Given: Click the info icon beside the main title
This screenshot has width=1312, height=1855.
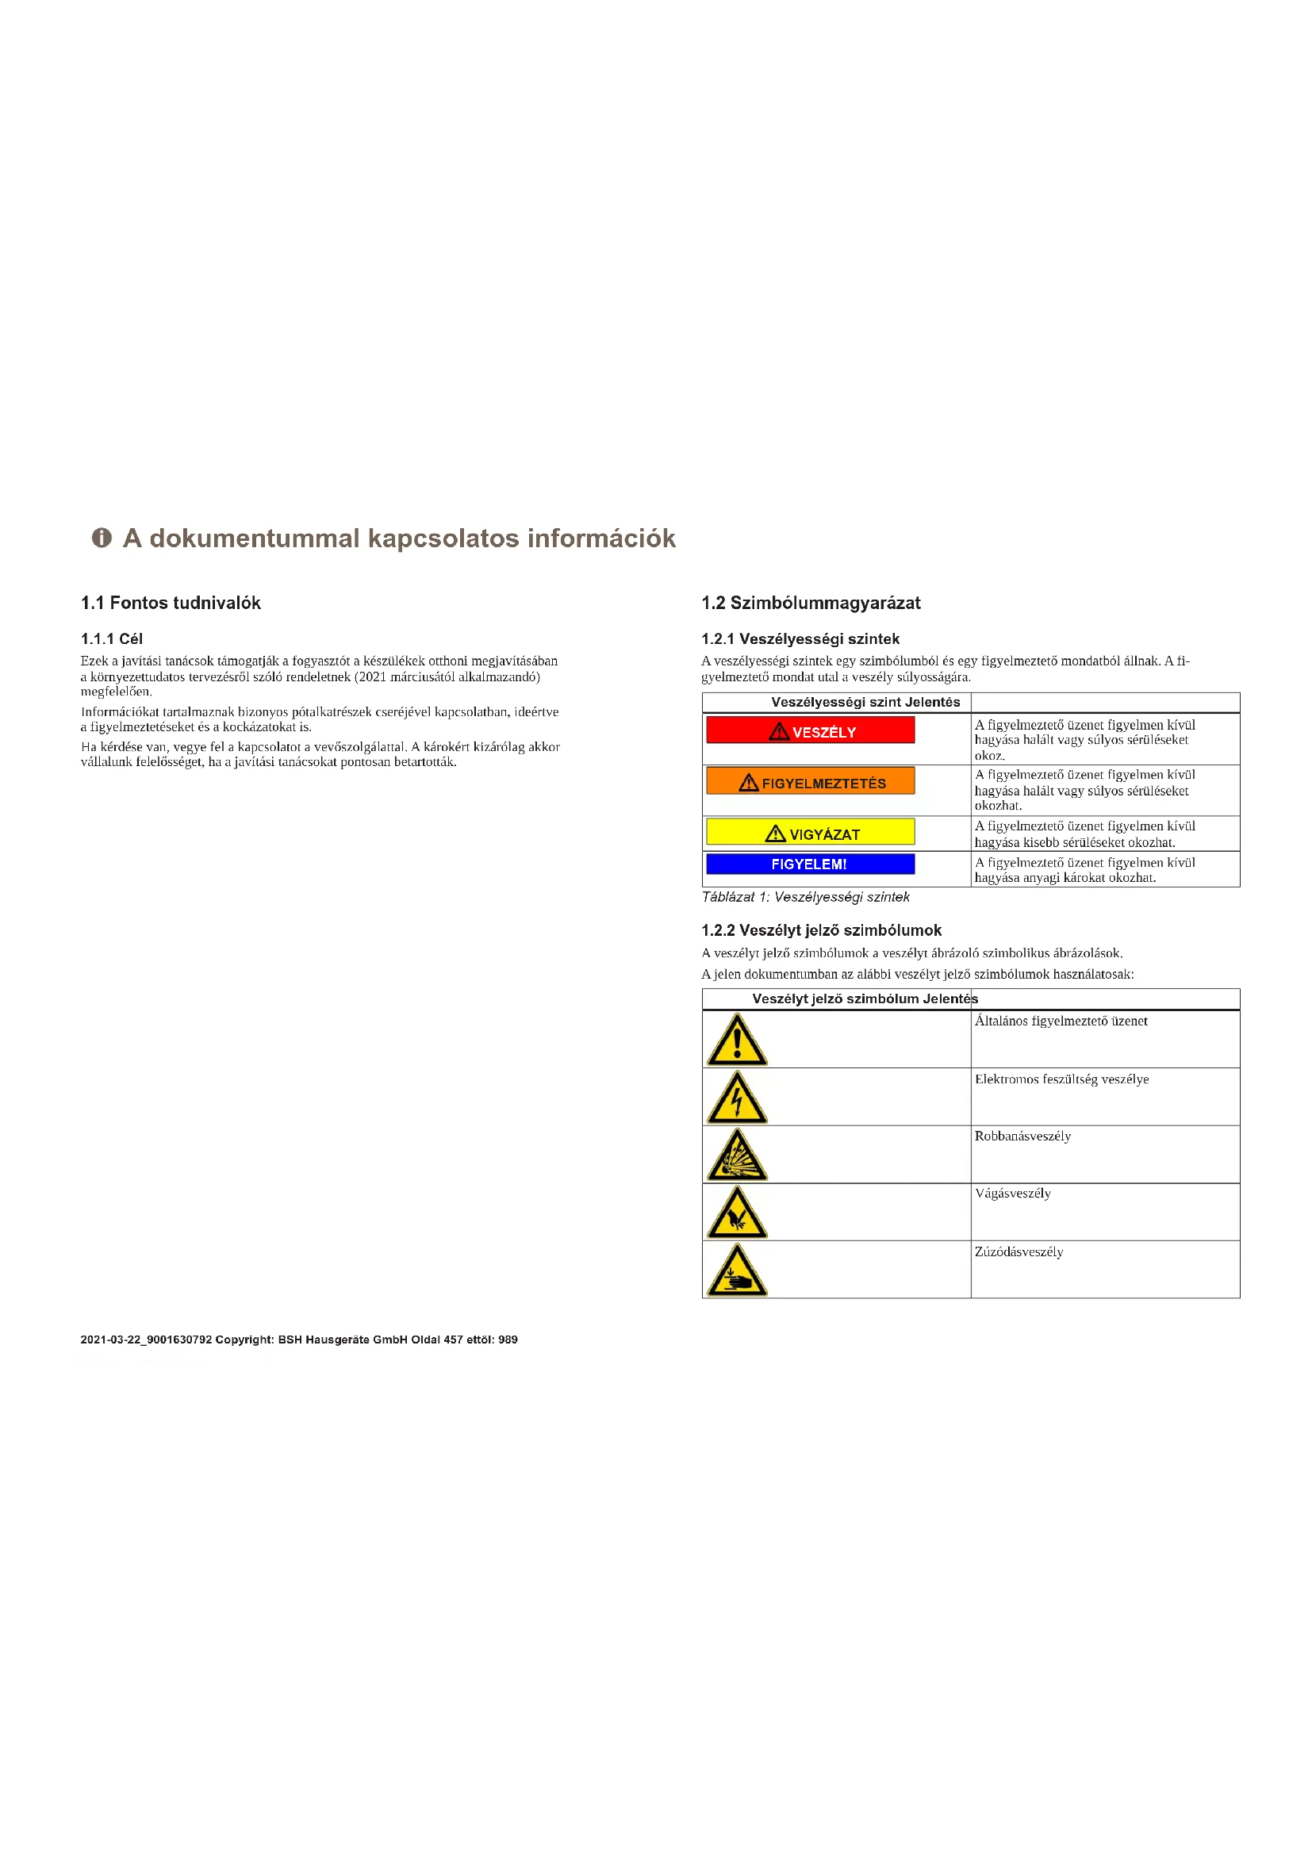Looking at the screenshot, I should coord(101,537).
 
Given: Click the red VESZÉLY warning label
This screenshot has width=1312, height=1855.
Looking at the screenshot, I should coord(811,730).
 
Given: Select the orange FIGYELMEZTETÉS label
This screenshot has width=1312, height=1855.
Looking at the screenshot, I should coord(811,781).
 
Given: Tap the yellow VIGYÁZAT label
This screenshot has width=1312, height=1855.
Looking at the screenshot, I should coord(811,832).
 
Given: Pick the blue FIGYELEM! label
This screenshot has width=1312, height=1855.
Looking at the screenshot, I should coord(811,864).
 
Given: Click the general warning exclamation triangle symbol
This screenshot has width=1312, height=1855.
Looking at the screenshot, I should coord(737,1041).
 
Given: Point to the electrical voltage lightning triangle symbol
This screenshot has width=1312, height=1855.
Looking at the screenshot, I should coord(737,1098).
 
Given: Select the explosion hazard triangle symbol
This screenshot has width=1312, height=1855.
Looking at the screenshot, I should coord(737,1156).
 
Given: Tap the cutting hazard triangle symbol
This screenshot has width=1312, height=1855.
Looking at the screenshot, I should coord(737,1213).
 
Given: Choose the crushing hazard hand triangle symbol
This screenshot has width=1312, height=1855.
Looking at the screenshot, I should coord(737,1271).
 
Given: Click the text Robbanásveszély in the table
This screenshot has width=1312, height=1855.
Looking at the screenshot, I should coord(1022,1136).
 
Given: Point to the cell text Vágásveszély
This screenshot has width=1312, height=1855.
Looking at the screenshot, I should coord(1012,1194).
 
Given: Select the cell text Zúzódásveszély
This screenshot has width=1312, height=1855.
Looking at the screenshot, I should coord(1019,1251).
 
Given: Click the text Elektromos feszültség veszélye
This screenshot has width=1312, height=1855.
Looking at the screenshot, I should coord(1061,1079).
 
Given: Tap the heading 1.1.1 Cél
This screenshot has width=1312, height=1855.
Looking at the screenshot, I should coord(112,639).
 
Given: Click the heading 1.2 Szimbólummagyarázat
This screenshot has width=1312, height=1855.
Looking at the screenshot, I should coord(811,603).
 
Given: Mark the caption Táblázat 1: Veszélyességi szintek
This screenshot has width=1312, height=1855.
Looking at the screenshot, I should coord(805,897).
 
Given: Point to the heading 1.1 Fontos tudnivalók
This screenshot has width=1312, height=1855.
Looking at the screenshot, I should coord(171,603).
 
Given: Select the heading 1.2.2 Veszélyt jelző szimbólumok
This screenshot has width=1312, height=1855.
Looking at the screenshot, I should coord(821,931).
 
